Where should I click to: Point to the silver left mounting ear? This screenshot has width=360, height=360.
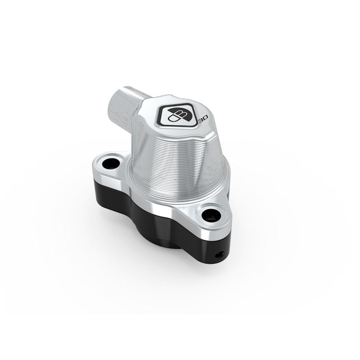[x=101, y=169]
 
